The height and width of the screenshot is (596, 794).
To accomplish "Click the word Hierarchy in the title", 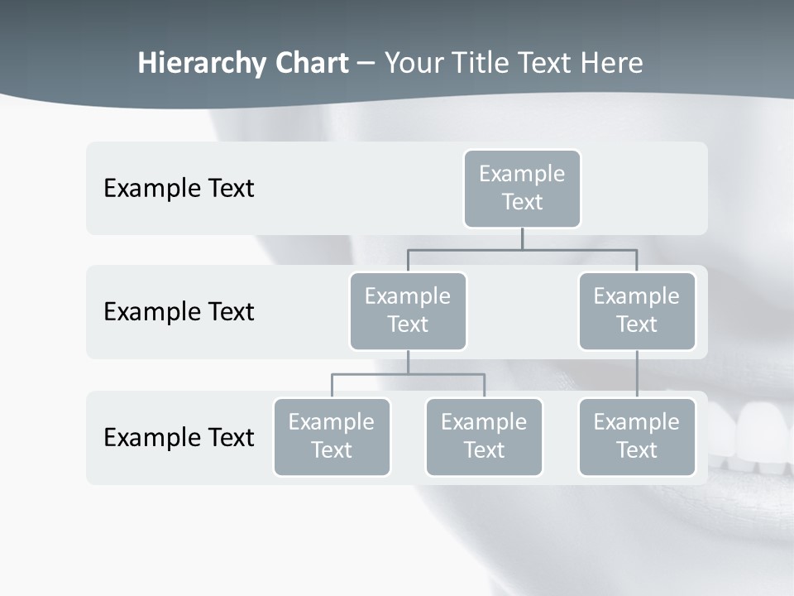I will pyautogui.click(x=189, y=64).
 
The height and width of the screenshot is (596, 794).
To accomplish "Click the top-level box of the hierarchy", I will pyautogui.click(x=522, y=189).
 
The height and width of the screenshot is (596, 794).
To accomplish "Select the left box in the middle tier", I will pyautogui.click(x=408, y=311).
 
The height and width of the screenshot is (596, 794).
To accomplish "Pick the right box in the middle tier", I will pyautogui.click(x=637, y=311).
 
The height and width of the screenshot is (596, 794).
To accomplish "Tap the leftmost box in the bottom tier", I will pyautogui.click(x=332, y=437).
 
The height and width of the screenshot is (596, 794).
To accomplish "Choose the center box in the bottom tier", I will pyautogui.click(x=484, y=437).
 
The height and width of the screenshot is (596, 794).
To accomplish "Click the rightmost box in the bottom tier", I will pyautogui.click(x=637, y=437).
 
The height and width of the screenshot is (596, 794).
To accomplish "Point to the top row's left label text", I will pyautogui.click(x=179, y=189).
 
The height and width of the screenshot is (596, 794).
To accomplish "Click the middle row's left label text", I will pyautogui.click(x=179, y=312).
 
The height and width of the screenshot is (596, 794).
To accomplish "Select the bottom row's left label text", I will pyautogui.click(x=179, y=437).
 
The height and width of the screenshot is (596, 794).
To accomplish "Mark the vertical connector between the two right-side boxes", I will pyautogui.click(x=637, y=374).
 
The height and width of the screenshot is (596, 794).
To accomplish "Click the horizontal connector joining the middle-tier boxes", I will pyautogui.click(x=522, y=249).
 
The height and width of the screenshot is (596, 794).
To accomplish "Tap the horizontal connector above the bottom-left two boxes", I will pyautogui.click(x=408, y=374).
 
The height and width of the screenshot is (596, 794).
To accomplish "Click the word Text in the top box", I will pyautogui.click(x=522, y=202).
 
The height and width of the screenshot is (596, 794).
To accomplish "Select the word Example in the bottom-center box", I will pyautogui.click(x=484, y=422).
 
